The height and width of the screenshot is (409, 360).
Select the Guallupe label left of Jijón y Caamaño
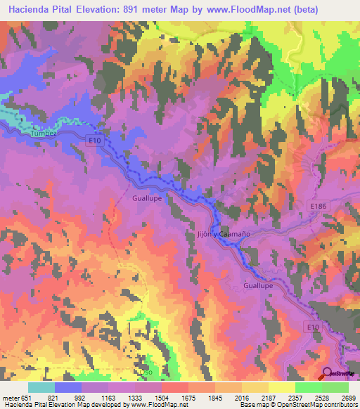(148, 199)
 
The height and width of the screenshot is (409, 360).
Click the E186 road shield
(319, 207)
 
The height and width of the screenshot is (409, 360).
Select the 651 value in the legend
(26, 397)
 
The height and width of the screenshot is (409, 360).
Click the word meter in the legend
(10, 397)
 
